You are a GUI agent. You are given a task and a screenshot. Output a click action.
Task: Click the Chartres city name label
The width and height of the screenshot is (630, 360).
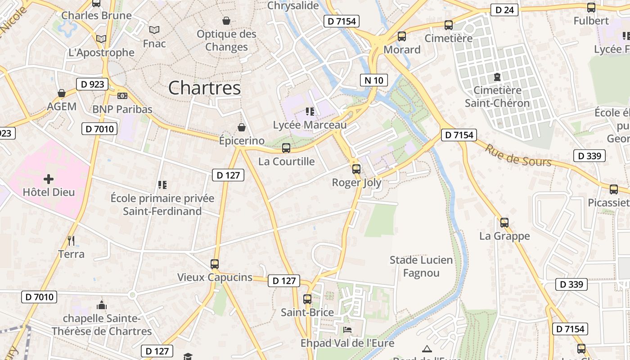[x=204, y=88]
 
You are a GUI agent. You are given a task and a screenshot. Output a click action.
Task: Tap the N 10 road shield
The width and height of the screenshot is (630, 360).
[x=374, y=81]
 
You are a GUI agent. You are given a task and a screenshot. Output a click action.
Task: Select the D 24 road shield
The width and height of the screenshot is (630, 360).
[x=504, y=10]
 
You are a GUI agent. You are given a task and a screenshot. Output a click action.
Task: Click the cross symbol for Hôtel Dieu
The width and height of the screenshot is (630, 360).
[x=49, y=179]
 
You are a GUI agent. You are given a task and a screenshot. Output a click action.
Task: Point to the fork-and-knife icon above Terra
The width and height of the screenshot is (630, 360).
[x=71, y=241]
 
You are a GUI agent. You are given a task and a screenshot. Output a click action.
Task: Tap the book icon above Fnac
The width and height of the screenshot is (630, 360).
[x=154, y=30]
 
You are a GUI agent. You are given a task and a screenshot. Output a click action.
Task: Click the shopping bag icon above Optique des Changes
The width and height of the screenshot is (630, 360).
[x=226, y=21]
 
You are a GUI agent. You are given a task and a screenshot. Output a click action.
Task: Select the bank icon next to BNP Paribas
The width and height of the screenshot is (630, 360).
[x=122, y=96]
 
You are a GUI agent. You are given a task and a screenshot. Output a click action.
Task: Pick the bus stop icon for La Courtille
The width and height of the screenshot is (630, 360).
[x=286, y=148]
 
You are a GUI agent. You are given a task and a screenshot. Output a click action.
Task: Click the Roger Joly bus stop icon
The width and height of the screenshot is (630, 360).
[x=356, y=169]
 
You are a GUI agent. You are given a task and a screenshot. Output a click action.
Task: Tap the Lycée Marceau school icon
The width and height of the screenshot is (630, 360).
[x=310, y=111]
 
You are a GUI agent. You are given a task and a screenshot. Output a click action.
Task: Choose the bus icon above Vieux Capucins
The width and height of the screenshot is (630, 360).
[x=215, y=264]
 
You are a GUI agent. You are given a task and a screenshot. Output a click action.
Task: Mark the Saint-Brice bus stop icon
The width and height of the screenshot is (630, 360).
[x=307, y=299]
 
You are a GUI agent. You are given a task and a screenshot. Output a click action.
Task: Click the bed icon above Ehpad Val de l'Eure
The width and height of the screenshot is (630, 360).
[x=347, y=330]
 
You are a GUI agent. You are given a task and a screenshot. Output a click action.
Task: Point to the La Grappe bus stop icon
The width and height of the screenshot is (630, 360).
[x=504, y=222]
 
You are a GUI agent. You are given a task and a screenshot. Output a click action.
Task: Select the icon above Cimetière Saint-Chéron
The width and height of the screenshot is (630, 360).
[x=497, y=77]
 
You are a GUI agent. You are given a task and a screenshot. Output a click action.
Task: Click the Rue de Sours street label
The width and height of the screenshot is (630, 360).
[x=518, y=155]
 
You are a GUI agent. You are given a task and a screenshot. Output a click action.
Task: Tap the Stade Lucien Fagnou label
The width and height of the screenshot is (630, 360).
[x=421, y=266]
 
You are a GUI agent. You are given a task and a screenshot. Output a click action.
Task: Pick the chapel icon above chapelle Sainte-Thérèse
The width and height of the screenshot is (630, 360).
[x=102, y=305]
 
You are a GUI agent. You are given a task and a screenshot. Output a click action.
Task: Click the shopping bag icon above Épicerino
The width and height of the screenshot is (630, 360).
[x=242, y=127]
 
